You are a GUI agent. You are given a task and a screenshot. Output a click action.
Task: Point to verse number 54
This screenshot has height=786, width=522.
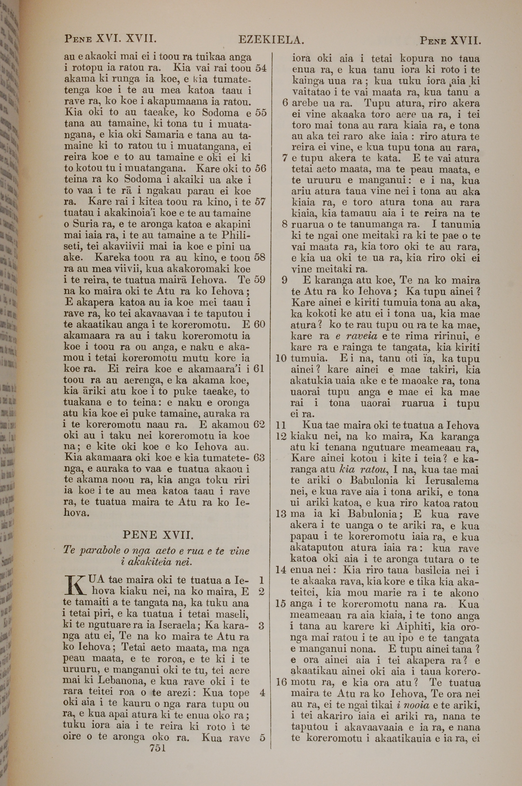click(261, 68)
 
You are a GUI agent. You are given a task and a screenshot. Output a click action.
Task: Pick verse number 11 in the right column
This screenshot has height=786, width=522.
click(281, 425)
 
